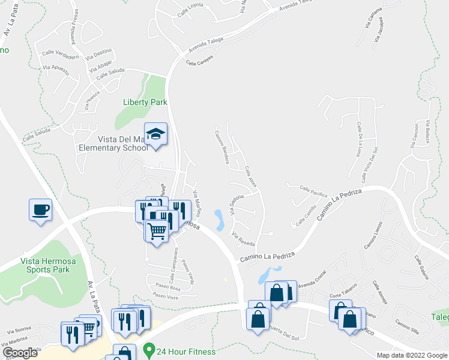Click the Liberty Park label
pyautogui.click(x=145, y=102)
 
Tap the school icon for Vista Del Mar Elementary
pyautogui.click(x=156, y=134)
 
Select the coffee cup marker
pyautogui.click(x=40, y=210)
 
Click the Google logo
pyautogui.click(x=20, y=353)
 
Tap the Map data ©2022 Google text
pyautogui.click(x=412, y=355)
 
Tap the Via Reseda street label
pyautogui.click(x=243, y=239)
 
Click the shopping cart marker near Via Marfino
pyautogui.click(x=157, y=230)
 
